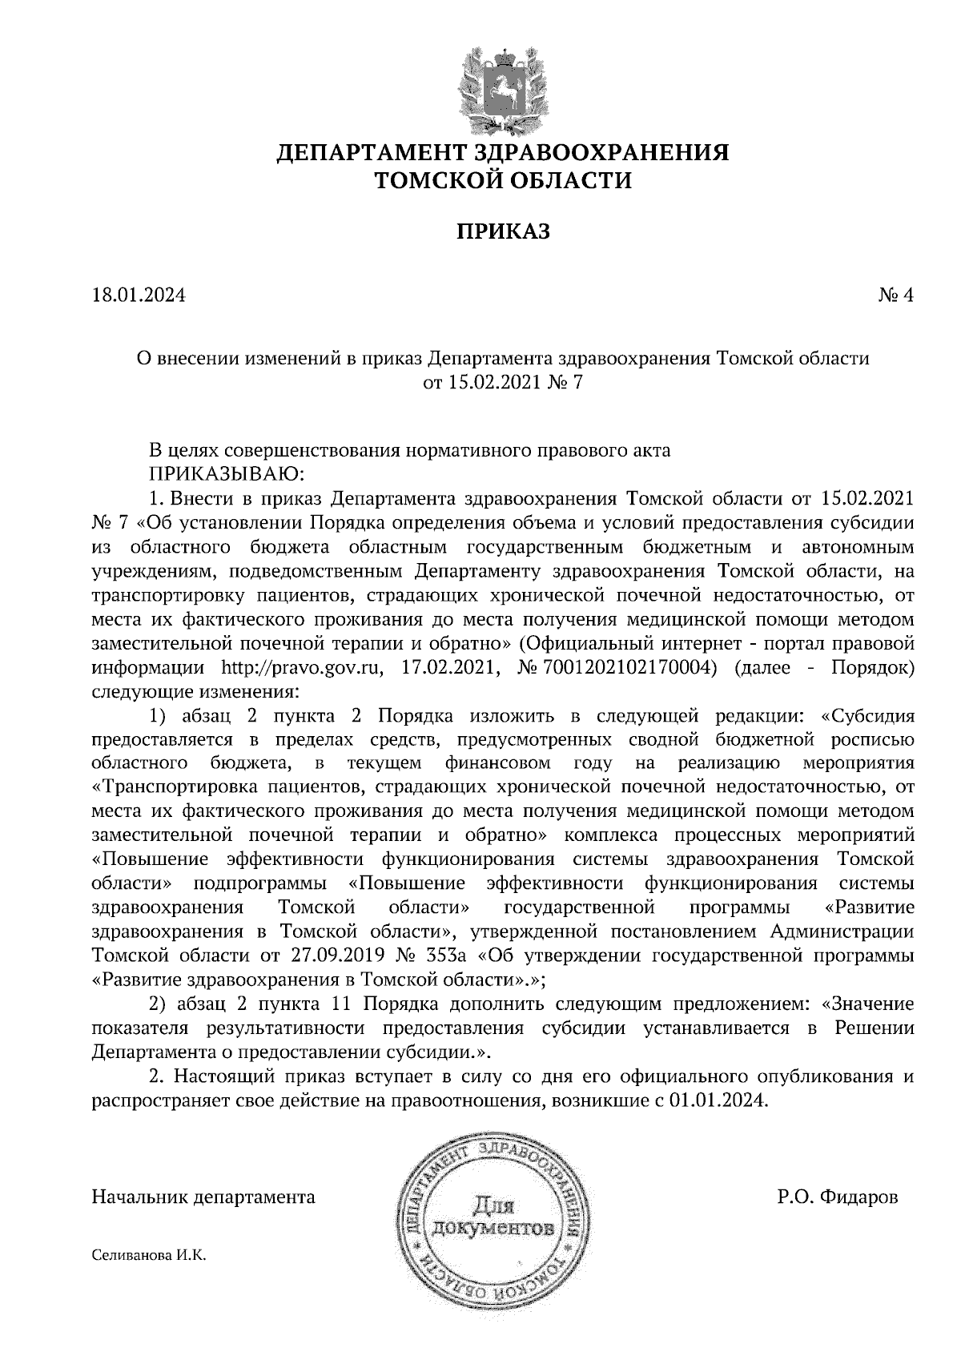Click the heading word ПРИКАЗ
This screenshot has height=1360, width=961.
click(504, 232)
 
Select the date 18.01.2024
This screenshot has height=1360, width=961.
click(139, 296)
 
